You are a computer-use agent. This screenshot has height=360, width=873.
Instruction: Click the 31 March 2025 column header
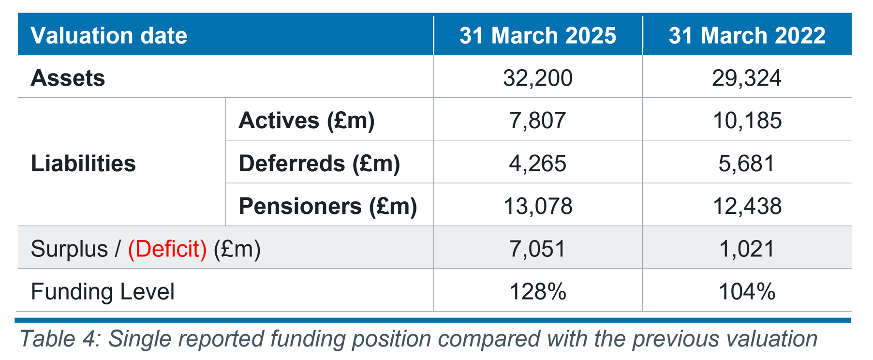pos(538,35)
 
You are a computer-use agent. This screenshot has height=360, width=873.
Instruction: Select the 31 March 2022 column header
pos(747,35)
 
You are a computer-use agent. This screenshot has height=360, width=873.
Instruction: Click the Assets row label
pos(68,78)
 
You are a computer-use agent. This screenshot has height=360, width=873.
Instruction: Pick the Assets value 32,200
pos(538,78)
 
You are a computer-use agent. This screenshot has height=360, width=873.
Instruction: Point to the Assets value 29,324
pos(747,78)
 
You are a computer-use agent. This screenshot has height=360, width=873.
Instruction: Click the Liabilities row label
pos(83,163)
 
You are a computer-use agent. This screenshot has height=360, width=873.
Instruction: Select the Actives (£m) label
pos(307,120)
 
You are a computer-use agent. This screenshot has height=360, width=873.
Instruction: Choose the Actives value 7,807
pos(538,120)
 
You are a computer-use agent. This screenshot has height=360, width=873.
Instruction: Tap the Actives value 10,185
pos(747,120)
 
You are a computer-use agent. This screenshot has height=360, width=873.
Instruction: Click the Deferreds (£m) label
pos(319,163)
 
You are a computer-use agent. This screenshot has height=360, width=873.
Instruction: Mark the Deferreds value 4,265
pos(538,163)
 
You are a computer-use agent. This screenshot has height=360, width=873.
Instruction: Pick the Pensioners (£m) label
pos(328,206)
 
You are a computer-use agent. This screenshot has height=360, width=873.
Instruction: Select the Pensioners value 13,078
pos(538,206)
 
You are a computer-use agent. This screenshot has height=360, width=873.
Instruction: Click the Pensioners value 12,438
pos(747,206)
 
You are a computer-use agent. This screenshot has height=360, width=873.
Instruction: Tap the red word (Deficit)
pos(167,249)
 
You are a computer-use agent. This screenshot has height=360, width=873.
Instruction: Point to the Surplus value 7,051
pos(538,249)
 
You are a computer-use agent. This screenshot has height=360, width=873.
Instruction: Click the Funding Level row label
pos(103,291)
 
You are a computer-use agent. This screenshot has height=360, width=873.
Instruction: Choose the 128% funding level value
pos(538,291)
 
